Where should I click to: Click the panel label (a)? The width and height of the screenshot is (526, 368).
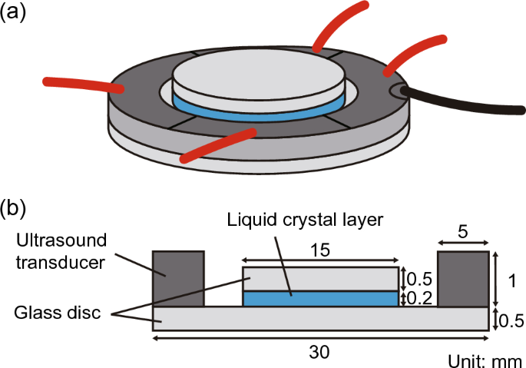[x=15, y=14]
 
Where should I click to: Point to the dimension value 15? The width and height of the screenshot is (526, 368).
[x=320, y=250]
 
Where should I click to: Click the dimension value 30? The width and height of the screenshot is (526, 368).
[x=322, y=350]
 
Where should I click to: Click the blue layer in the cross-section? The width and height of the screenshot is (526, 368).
[x=320, y=298]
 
